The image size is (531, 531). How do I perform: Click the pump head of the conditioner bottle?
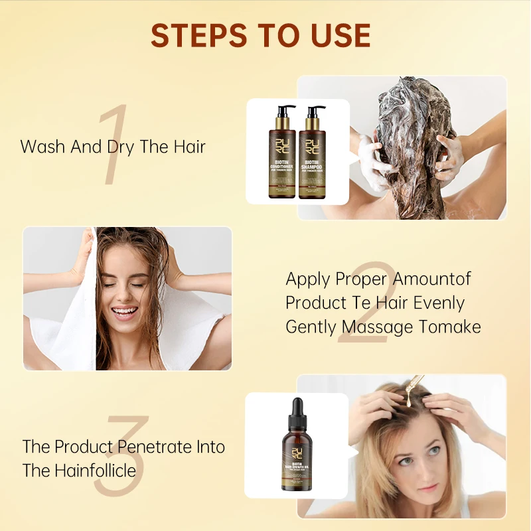pyautogui.click(x=284, y=109)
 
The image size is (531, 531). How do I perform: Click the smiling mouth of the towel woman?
pyautogui.click(x=125, y=311)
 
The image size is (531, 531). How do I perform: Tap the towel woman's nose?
pyautogui.click(x=123, y=292)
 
